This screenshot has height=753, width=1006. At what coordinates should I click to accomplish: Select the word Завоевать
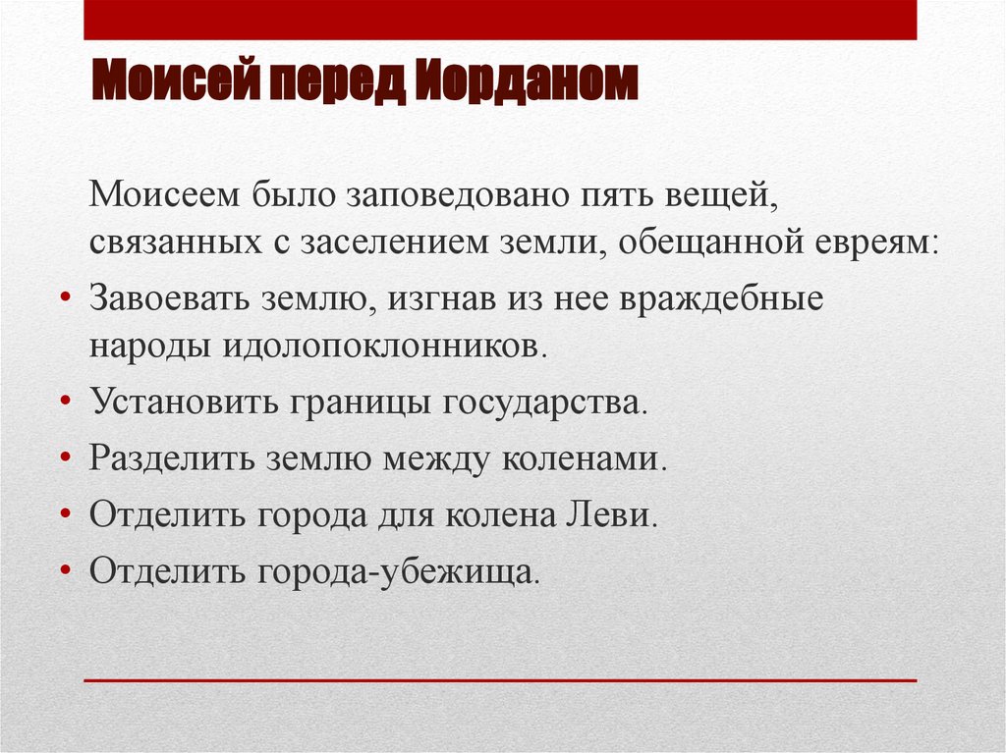click(166, 297)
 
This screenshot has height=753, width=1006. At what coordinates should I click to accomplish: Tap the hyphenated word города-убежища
click(397, 571)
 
